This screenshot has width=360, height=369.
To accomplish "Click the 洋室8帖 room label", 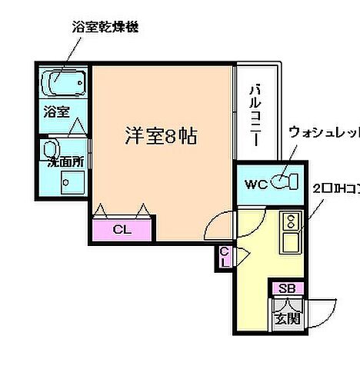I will (x=162, y=137).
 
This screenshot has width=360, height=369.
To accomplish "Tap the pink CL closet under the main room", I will (x=122, y=229).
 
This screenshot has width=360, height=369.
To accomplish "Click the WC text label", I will (x=255, y=184).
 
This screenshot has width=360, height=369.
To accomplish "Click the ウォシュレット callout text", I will (x=322, y=133).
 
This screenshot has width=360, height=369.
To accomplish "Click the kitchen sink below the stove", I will (x=292, y=244).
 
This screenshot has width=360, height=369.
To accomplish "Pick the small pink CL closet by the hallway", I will (x=224, y=256).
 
